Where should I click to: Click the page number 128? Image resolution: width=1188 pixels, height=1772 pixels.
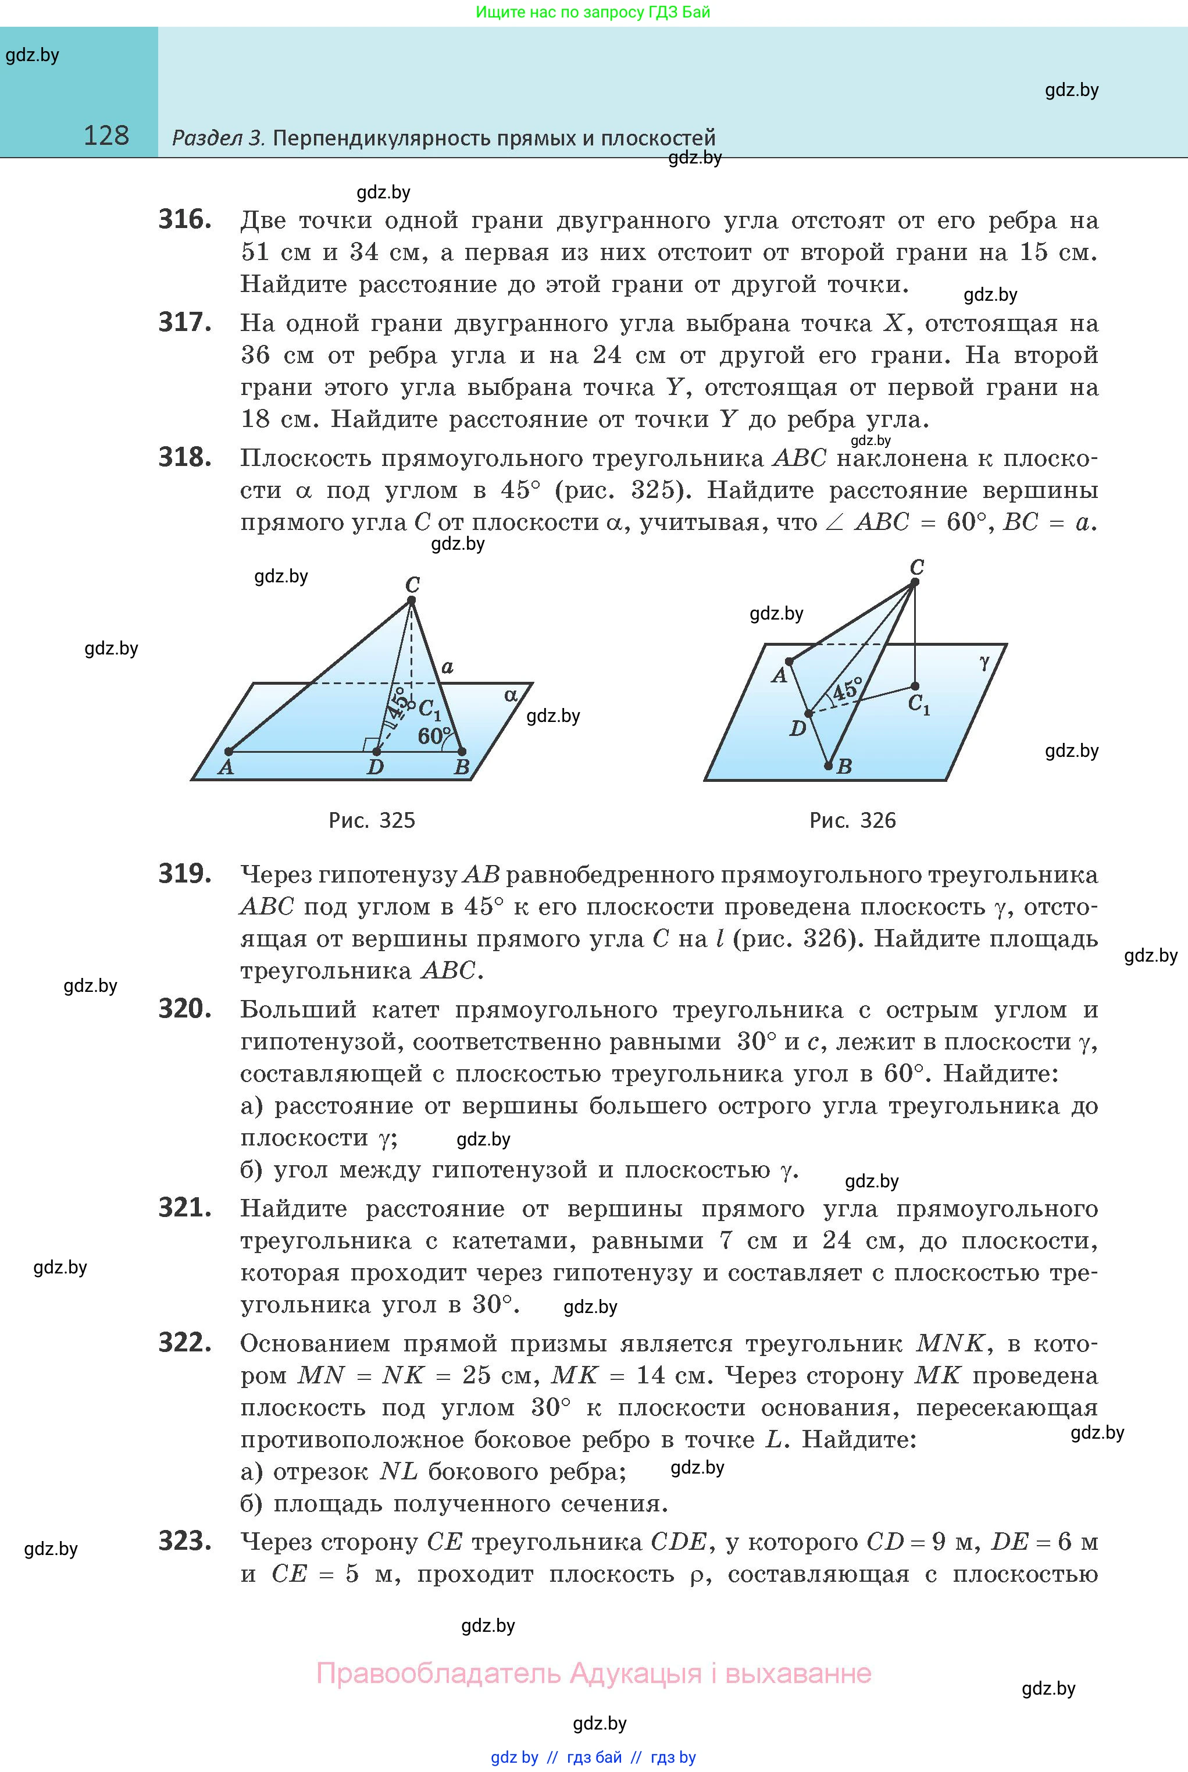(x=106, y=136)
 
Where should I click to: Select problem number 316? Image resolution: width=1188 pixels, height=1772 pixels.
(x=185, y=220)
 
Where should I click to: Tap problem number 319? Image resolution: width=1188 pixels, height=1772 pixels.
(x=185, y=874)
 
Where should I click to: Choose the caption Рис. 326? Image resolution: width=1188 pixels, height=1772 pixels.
(x=852, y=820)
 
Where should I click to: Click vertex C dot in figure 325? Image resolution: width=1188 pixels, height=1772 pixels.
(x=411, y=600)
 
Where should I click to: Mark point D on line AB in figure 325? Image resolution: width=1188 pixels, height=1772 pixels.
(x=377, y=752)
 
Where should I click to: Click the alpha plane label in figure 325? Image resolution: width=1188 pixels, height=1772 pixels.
(x=511, y=695)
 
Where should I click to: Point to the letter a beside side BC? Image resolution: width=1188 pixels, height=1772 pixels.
(x=448, y=667)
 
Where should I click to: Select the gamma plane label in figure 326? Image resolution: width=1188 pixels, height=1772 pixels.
(x=984, y=663)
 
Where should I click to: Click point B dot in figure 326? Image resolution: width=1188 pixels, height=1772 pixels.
(x=828, y=766)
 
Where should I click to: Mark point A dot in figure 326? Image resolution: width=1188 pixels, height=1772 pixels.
(x=789, y=661)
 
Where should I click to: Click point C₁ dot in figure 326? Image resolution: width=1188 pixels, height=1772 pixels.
(x=915, y=686)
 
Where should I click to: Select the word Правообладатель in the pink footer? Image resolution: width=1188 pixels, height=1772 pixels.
(x=438, y=1673)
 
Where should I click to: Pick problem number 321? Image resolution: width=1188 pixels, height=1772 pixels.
(x=185, y=1207)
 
